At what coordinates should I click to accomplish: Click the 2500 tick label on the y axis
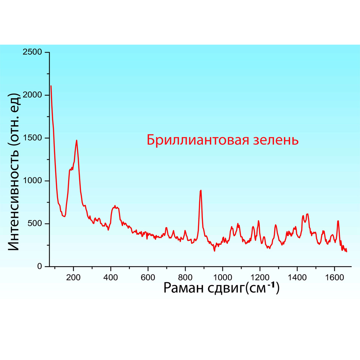pos(34,52)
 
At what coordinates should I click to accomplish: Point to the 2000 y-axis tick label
pos(34,95)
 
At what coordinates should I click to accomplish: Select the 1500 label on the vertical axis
pos(34,138)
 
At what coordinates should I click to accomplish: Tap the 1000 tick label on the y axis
pos(34,181)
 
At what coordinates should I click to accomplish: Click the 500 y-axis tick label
pos(36,224)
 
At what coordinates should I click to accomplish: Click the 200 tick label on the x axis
pos(73,277)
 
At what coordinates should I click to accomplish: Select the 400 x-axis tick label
pos(111,277)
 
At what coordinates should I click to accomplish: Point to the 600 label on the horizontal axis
pos(148,277)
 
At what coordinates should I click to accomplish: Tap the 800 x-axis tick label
pos(185,277)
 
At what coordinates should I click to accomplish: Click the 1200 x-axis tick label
pos(260,277)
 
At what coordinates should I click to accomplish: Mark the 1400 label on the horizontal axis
pos(297,277)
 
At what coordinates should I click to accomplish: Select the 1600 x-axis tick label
pos(334,277)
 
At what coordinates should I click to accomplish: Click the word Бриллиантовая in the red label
pos(195,140)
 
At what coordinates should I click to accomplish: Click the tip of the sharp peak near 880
pos(201,190)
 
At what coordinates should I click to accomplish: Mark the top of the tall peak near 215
pos(76,140)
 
